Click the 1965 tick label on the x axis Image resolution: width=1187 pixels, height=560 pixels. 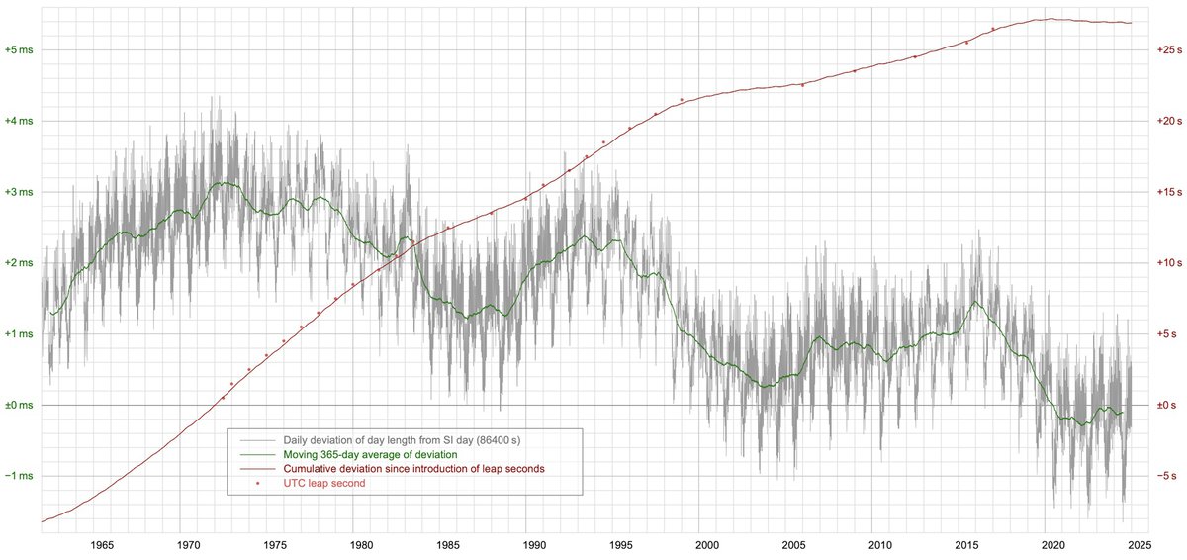pyautogui.click(x=100, y=545)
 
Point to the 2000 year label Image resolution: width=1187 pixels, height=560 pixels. pyautogui.click(x=707, y=545)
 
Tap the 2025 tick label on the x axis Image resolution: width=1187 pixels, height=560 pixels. pyautogui.click(x=1139, y=545)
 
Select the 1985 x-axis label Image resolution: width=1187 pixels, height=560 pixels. pyautogui.click(x=448, y=545)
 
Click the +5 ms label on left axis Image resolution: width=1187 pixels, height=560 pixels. pyautogui.click(x=19, y=49)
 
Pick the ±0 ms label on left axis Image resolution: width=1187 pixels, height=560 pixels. pyautogui.click(x=19, y=406)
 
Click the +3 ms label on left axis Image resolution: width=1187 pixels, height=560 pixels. pyautogui.click(x=19, y=192)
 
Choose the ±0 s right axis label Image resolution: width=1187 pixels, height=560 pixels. pyautogui.click(x=1170, y=406)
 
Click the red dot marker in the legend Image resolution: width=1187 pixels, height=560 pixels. pyautogui.click(x=257, y=483)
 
